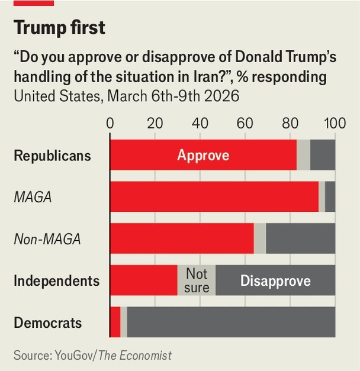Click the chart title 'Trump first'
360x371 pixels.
(62, 27)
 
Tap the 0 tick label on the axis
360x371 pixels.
(110, 124)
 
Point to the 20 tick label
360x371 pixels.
(155, 124)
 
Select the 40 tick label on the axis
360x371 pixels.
(200, 124)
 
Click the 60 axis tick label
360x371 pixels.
(245, 124)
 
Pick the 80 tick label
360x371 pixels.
(290, 124)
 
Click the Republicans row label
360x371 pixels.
(52, 156)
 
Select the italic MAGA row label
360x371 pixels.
(33, 197)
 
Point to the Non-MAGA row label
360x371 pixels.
(47, 239)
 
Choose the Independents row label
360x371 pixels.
(56, 280)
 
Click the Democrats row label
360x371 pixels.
(47, 323)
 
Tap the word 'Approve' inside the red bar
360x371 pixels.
(203, 156)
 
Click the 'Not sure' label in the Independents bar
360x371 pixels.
(197, 280)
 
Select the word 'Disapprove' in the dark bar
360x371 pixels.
(275, 280)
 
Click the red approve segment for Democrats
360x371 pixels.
(115, 322)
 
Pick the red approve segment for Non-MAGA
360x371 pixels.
(182, 239)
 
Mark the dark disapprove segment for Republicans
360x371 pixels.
(323, 156)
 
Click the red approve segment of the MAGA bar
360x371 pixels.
(214, 197)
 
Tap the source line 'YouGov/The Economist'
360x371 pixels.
(92, 355)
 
